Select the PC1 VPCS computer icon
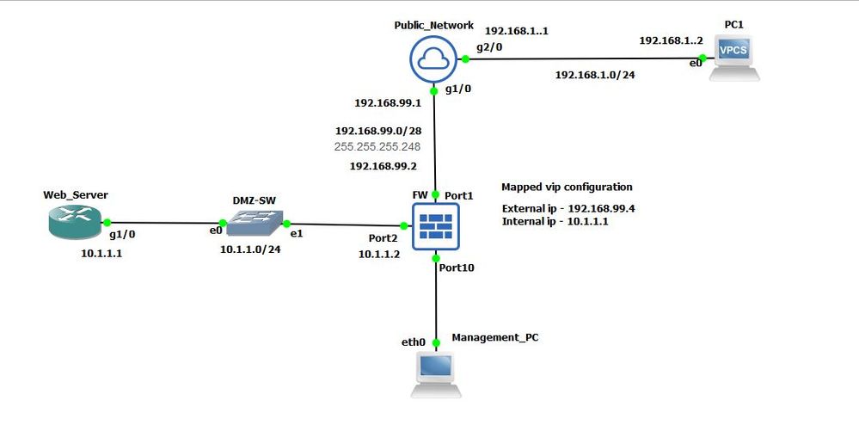point(734,58)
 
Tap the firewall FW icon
point(436,225)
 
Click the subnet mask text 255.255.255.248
point(377,146)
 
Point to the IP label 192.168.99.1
point(387,102)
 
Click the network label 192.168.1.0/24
point(595,75)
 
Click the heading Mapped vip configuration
point(567,187)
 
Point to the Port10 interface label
point(457,268)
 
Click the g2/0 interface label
point(488,47)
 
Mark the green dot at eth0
point(436,342)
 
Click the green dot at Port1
point(436,194)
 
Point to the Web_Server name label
point(76,195)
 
